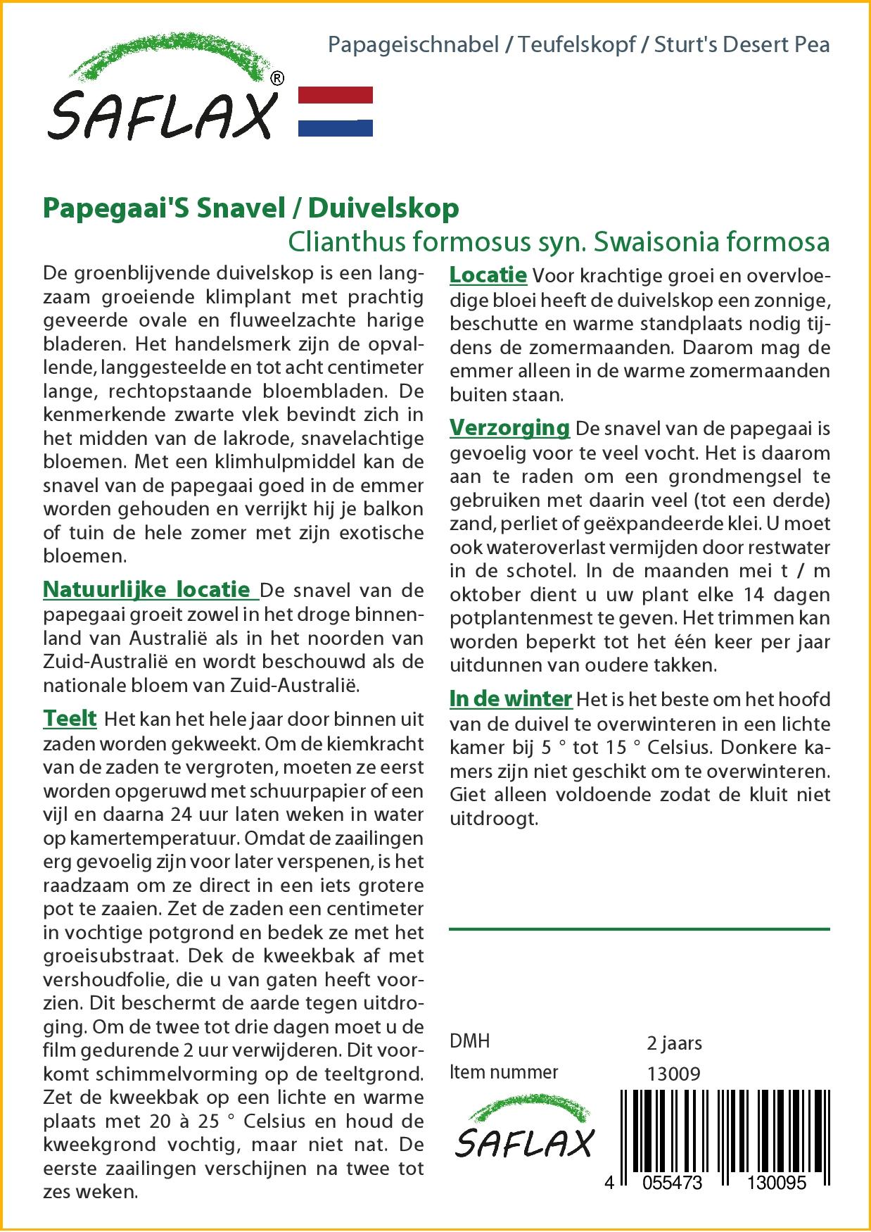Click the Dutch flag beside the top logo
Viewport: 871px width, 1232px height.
[x=336, y=111]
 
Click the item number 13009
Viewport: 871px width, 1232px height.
[x=673, y=1074]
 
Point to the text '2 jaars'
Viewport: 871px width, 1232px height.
[x=674, y=1043]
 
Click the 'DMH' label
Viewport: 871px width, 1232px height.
[x=469, y=1041]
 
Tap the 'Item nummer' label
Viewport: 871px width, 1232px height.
[x=504, y=1072]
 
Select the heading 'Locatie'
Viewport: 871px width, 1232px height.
[x=488, y=275]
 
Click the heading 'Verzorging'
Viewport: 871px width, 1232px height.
[x=509, y=427]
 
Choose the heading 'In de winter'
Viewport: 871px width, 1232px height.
[x=510, y=698]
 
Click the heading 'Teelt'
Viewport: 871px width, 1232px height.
[x=70, y=718]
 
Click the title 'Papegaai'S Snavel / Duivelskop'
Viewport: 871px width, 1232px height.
[x=250, y=208]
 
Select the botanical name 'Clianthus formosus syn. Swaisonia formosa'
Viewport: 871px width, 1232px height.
[x=559, y=241]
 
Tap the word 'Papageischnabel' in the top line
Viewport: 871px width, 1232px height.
[x=414, y=45]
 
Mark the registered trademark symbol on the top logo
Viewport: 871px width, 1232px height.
[x=277, y=79]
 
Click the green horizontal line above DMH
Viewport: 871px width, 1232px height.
[x=639, y=929]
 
